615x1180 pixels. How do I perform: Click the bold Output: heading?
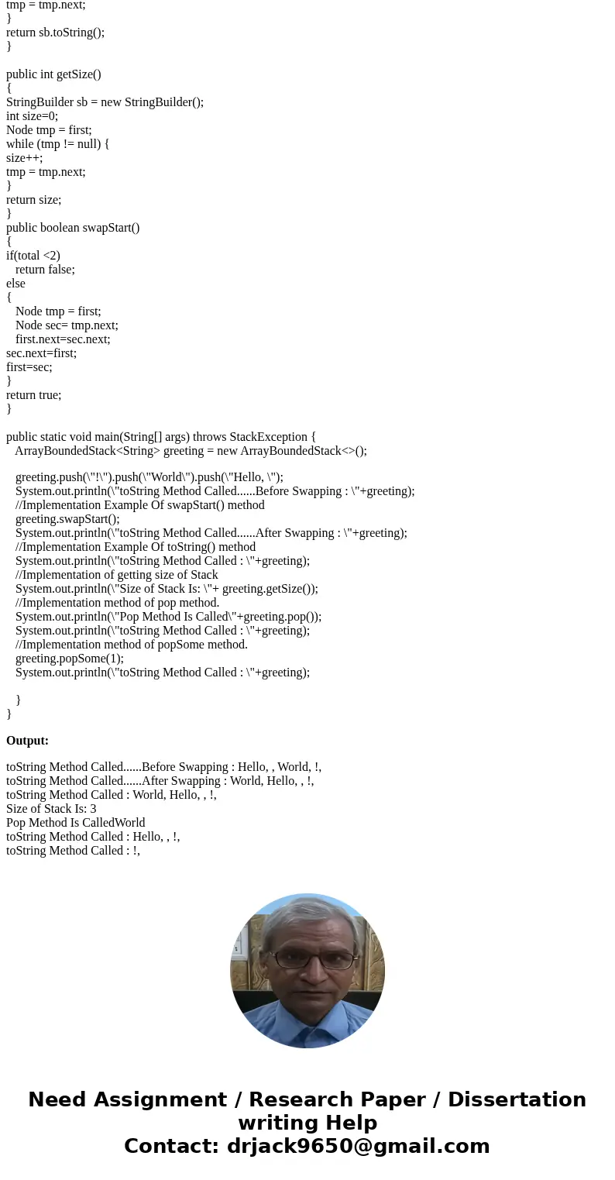pyautogui.click(x=27, y=741)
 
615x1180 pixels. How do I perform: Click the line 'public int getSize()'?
pyautogui.click(x=53, y=74)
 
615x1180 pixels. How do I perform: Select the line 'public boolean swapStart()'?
pyautogui.click(x=73, y=228)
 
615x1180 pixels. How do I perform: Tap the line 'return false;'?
pyautogui.click(x=45, y=270)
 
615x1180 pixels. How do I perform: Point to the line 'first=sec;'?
pyautogui.click(x=29, y=367)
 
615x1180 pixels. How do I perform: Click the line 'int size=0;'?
pyautogui.click(x=32, y=116)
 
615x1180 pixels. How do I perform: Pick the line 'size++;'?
pyautogui.click(x=25, y=158)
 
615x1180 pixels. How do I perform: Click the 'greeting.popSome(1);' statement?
pyautogui.click(x=69, y=659)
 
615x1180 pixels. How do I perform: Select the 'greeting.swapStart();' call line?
pyautogui.click(x=67, y=519)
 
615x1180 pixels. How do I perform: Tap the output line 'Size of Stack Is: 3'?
pyautogui.click(x=51, y=809)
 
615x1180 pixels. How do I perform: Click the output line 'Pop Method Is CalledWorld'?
pyautogui.click(x=75, y=823)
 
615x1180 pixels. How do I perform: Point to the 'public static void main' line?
pyautogui.click(x=160, y=437)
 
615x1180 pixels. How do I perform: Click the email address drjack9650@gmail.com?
pyautogui.click(x=358, y=1147)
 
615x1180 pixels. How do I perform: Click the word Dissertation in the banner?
pyautogui.click(x=517, y=1100)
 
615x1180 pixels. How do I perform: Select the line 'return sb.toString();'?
pyautogui.click(x=55, y=33)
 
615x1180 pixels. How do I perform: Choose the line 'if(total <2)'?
pyautogui.click(x=33, y=256)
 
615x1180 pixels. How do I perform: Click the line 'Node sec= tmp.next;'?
pyautogui.click(x=67, y=325)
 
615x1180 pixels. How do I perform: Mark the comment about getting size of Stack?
pyautogui.click(x=116, y=575)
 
